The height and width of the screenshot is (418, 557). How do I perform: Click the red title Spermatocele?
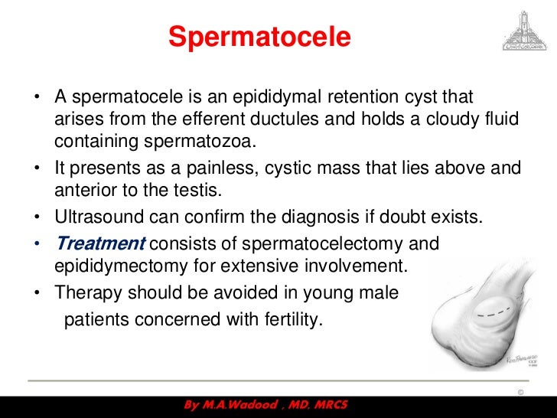click(259, 36)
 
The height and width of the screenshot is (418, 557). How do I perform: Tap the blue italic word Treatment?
click(99, 244)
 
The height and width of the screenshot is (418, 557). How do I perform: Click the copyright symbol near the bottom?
click(521, 392)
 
